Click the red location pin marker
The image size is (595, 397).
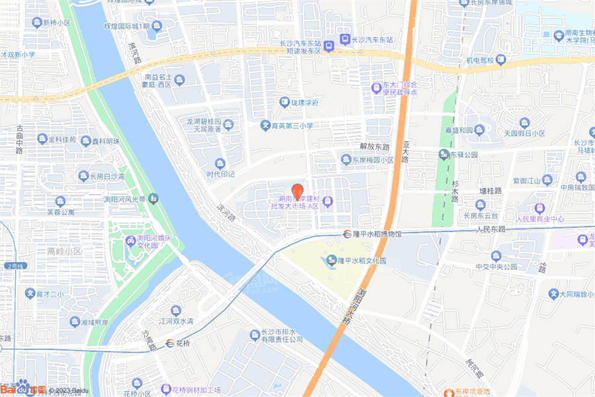(297, 191)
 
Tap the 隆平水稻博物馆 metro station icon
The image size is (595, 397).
(346, 234)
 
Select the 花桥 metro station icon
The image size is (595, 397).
(171, 343)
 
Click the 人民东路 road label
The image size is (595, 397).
(490, 229)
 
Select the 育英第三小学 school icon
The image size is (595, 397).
(265, 125)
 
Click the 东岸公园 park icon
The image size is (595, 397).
(443, 155)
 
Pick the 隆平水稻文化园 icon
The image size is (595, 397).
(332, 261)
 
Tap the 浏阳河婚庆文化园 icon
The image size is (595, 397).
(131, 240)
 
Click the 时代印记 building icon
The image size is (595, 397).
(220, 163)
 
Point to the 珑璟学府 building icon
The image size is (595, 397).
(284, 103)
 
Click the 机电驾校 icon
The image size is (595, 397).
(500, 60)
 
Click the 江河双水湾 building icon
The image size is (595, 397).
(175, 310)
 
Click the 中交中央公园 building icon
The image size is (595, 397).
(496, 256)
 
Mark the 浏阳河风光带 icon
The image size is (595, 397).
(153, 198)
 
